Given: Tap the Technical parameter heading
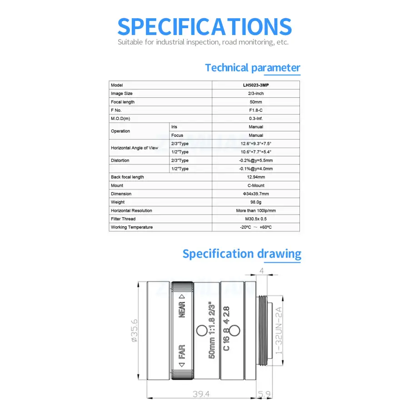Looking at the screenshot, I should click(252, 68).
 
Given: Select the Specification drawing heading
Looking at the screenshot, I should click(241, 254).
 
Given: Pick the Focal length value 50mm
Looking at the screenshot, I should click(256, 102).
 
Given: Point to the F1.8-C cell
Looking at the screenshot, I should click(256, 110).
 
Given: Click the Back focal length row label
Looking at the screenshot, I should click(127, 177).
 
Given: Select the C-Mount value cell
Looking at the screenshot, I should click(256, 185).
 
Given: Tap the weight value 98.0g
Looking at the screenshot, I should click(256, 202).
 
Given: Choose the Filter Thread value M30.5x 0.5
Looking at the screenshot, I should click(256, 219).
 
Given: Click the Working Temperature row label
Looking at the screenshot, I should click(132, 227).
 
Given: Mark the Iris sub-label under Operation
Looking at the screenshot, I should click(175, 127).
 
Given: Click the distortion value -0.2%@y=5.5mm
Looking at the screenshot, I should click(256, 160).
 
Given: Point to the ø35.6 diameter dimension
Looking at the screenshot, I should click(134, 330).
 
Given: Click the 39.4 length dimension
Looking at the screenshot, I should click(201, 394).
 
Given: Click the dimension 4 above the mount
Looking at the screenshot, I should click(261, 270).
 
